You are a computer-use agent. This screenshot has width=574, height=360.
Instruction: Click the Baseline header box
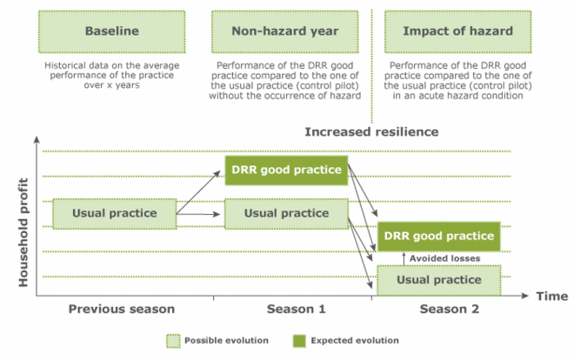pos(111,32)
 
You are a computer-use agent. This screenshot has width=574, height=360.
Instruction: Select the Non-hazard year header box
pos(284,32)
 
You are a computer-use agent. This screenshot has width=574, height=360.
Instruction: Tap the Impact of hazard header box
pos(457,32)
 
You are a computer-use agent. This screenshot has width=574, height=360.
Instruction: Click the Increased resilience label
pos(371,131)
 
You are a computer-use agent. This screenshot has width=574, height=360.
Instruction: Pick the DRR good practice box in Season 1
pos(286,170)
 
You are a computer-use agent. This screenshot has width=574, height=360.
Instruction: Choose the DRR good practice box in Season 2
pos(438,237)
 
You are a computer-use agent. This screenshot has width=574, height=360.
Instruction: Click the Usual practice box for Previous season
pos(115,214)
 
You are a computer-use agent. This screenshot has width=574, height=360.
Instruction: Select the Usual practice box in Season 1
pos(286,214)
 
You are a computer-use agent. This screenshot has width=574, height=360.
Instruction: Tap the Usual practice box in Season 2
pos(438,280)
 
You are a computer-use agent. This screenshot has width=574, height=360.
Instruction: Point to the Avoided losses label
pos(444,258)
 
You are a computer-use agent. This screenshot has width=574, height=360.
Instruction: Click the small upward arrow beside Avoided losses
pos(404,258)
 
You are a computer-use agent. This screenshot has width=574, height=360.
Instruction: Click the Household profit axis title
pos(23,232)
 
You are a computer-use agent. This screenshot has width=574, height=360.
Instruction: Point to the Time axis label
pos(552,296)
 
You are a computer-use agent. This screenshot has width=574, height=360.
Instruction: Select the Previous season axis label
pos(122,310)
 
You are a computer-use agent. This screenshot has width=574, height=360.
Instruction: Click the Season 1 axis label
pos(297,310)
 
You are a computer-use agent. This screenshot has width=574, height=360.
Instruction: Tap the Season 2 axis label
pos(450,310)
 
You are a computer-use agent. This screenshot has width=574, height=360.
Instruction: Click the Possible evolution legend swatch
pos(173,341)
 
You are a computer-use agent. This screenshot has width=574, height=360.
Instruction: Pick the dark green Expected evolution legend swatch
pos(299,341)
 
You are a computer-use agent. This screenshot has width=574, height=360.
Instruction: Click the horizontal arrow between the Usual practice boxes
pos(198,214)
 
